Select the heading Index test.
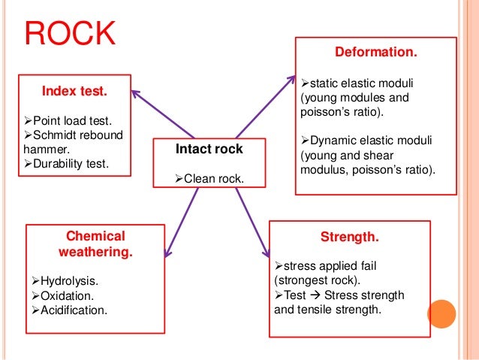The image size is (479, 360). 74,92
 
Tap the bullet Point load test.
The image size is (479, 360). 71,121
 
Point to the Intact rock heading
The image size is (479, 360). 209,149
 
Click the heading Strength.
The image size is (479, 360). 350,237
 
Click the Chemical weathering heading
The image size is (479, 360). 95,244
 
